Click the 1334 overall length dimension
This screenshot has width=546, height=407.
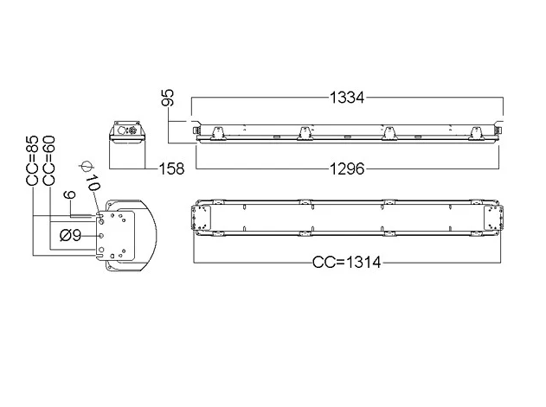pyautogui.click(x=347, y=98)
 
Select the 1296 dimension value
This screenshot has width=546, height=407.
pyautogui.click(x=347, y=169)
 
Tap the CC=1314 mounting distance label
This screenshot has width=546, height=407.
pyautogui.click(x=347, y=262)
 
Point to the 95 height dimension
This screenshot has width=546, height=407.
pyautogui.click(x=168, y=98)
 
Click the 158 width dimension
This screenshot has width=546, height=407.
pyautogui.click(x=171, y=169)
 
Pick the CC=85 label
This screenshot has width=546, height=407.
pyautogui.click(x=32, y=161)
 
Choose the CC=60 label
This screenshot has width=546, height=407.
pyautogui.click(x=48, y=161)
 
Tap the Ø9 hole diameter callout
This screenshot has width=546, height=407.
pyautogui.click(x=70, y=236)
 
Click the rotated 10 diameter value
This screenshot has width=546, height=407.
pyautogui.click(x=93, y=182)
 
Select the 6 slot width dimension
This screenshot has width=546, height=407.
pyautogui.click(x=71, y=194)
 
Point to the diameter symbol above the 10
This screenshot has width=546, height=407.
pyautogui.click(x=86, y=167)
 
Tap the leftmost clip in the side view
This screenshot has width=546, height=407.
pyautogui.click(x=218, y=134)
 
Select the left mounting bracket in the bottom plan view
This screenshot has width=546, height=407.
pyautogui.click(x=202, y=218)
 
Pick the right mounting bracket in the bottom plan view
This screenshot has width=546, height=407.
pyautogui.click(x=493, y=218)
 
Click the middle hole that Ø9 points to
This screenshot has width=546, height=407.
pyautogui.click(x=101, y=236)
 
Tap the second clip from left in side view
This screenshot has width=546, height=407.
pyautogui.click(x=305, y=134)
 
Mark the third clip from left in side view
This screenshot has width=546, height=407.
pyautogui.click(x=390, y=134)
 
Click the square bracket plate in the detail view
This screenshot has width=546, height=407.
pyautogui.click(x=116, y=236)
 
